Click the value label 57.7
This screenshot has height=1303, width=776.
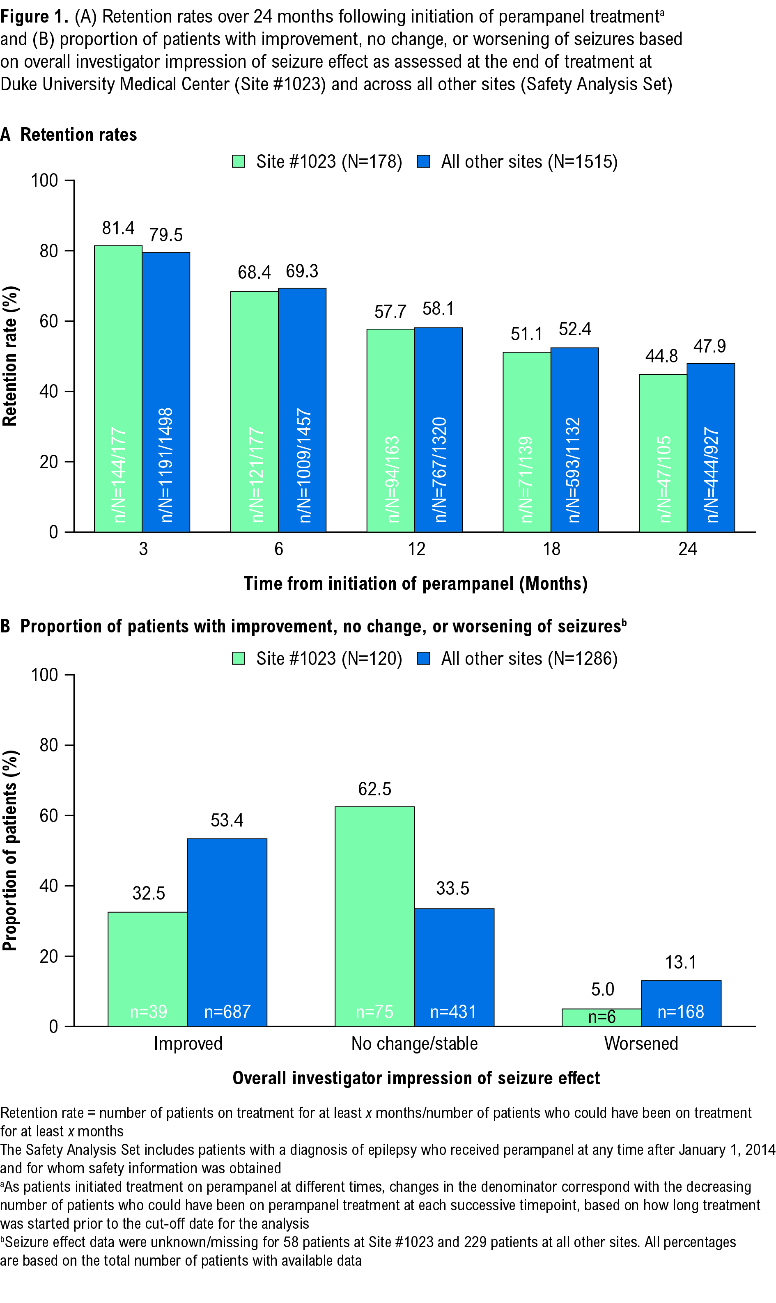390,312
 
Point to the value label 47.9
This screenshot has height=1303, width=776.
709,346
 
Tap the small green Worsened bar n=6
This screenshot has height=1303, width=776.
602,1017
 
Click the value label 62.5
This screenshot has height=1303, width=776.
375,789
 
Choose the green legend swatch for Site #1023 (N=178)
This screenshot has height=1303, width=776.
239,162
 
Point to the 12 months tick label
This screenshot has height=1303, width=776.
417,549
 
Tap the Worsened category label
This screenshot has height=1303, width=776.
641,1043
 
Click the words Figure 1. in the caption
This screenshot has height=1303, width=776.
34,17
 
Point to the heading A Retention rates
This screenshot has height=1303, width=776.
69,135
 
